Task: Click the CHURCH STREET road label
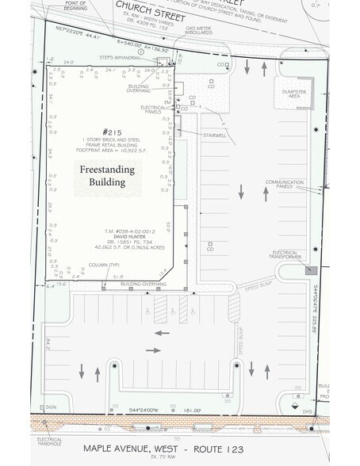[151, 13]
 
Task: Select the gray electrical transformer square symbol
[312, 270]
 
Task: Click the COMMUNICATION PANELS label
[285, 185]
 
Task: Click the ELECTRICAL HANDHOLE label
[48, 441]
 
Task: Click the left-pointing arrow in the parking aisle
[162, 333]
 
